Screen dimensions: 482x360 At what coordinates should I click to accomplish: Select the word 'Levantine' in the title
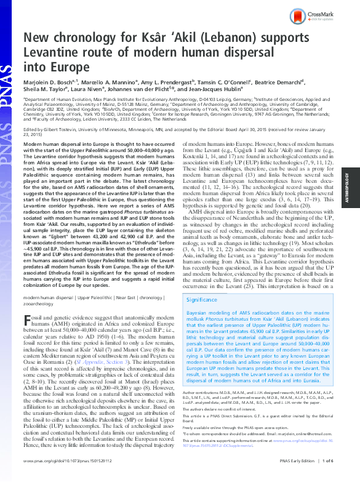[54, 54]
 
